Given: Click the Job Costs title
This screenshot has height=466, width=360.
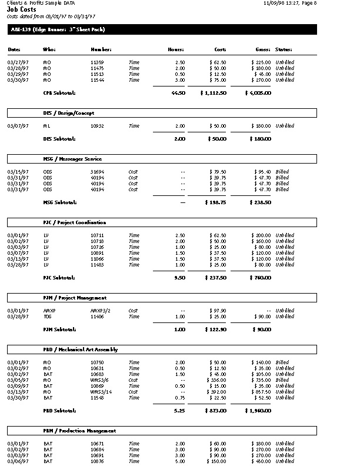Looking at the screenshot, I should coord(21,9).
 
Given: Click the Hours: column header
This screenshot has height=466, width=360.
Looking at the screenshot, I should coord(176,50).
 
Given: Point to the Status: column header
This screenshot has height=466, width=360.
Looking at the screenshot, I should coord(284,50).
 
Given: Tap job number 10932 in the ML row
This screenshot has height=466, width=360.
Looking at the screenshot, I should coord(97,126).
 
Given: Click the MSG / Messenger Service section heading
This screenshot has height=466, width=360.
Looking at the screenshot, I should coord(72,159).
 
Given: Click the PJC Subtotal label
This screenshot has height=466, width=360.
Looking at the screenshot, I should coord(59,277).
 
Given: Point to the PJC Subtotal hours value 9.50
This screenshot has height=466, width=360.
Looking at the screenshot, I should coord(179,277).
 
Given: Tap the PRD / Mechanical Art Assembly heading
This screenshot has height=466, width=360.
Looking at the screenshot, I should coord(81,349).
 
